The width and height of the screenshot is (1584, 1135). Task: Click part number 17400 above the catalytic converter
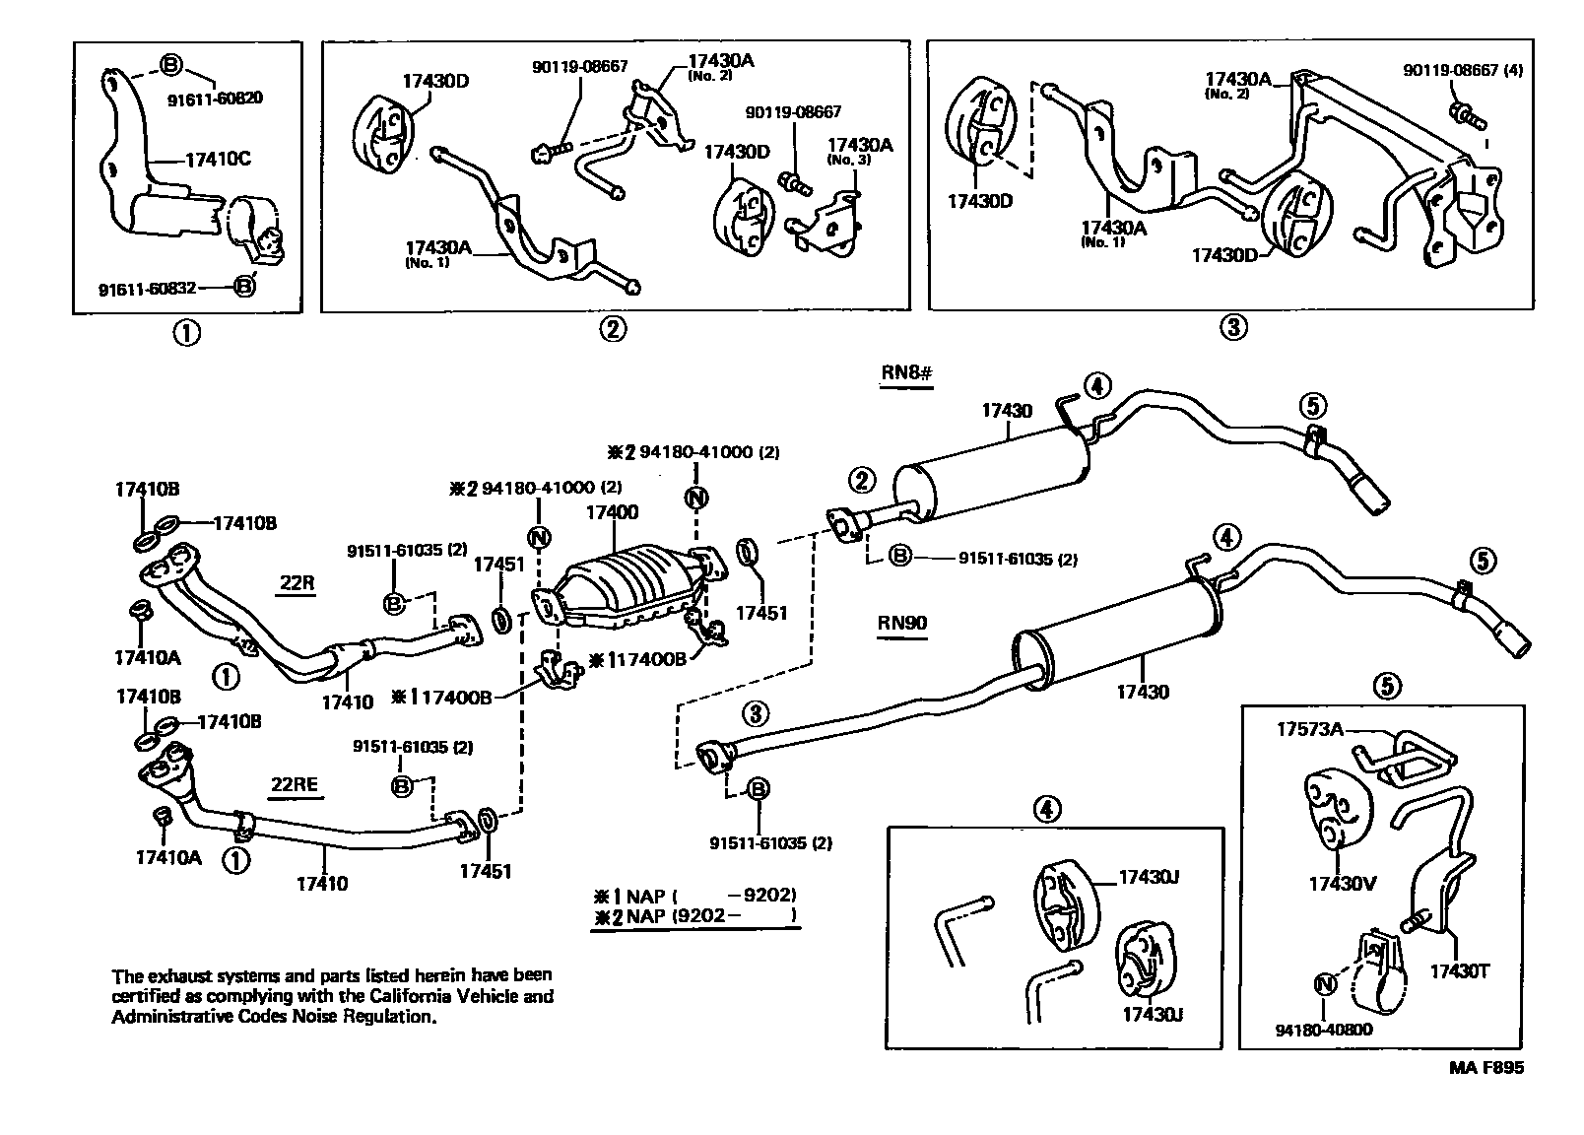coord(612,512)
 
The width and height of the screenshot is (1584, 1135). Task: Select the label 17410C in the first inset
coord(219,159)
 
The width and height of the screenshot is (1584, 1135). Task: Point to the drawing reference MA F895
coord(1485,1067)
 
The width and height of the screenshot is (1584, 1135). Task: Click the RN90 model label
coord(902,624)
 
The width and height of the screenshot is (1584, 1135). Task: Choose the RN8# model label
coord(906,374)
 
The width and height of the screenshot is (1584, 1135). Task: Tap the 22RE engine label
coord(294,784)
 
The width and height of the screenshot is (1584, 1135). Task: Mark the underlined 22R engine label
coord(296,582)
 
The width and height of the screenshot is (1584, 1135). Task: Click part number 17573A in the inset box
coord(1310,730)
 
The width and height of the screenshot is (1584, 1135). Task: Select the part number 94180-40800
coord(1323,1030)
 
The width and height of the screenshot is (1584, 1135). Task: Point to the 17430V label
coord(1341,883)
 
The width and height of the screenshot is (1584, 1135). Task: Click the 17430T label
coord(1460,970)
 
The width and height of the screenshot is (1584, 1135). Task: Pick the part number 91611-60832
coord(148,289)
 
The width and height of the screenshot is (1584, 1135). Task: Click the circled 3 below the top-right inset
coord(1232,328)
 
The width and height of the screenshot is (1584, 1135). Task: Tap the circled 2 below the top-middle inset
coord(612,329)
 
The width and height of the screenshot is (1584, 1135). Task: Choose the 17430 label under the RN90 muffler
coord(1143,692)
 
